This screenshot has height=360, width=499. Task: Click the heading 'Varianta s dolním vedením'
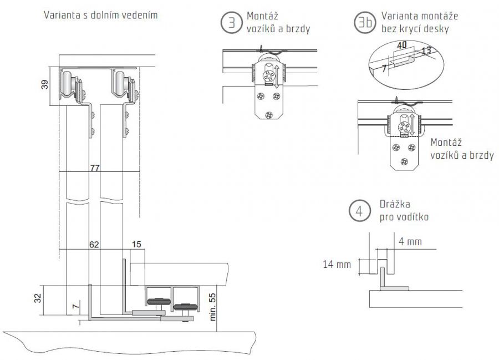point(100,15)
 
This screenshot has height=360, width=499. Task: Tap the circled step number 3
point(230,23)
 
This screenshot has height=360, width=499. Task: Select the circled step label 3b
point(364,23)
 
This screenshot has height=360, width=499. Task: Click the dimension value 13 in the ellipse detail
point(426,51)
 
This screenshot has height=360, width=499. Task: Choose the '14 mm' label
point(337,265)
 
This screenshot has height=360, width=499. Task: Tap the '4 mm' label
point(410,241)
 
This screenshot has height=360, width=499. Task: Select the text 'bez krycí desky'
point(415,29)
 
